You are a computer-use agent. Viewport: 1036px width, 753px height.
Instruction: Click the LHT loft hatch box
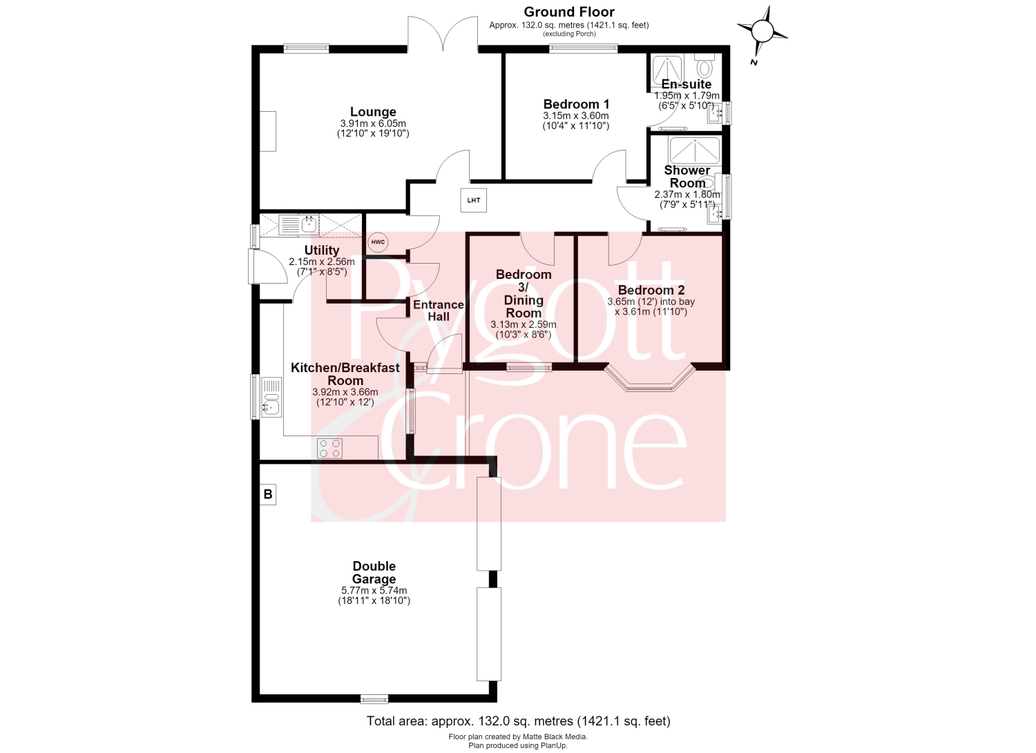click(473, 200)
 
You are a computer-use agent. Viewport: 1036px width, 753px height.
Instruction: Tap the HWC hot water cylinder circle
click(378, 242)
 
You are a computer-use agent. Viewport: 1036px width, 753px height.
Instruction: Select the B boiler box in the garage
click(268, 495)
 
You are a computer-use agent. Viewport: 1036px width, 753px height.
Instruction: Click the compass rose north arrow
click(762, 32)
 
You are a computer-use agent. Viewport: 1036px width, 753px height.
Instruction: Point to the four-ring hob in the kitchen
click(329, 448)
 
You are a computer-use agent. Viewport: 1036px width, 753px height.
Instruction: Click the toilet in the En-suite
click(704, 66)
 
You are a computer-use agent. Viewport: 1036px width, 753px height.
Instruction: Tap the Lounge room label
click(373, 112)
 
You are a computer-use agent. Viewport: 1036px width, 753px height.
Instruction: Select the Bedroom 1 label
click(576, 104)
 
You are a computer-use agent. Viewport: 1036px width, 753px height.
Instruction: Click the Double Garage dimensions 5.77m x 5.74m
click(374, 590)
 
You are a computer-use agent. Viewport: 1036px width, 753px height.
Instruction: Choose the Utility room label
click(321, 251)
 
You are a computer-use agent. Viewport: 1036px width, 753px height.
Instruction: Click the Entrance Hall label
click(439, 311)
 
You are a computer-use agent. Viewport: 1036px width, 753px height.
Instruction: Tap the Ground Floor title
click(569, 12)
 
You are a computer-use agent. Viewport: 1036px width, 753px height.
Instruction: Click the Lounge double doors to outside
click(443, 33)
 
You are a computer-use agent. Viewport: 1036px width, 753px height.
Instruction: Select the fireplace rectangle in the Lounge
click(268, 131)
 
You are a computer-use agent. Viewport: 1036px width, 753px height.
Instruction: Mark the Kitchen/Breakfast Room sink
click(271, 398)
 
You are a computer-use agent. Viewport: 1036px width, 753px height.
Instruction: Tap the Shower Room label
click(687, 177)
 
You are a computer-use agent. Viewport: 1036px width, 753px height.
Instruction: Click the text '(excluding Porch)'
click(569, 34)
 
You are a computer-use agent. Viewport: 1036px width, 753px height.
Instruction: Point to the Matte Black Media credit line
click(518, 737)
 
